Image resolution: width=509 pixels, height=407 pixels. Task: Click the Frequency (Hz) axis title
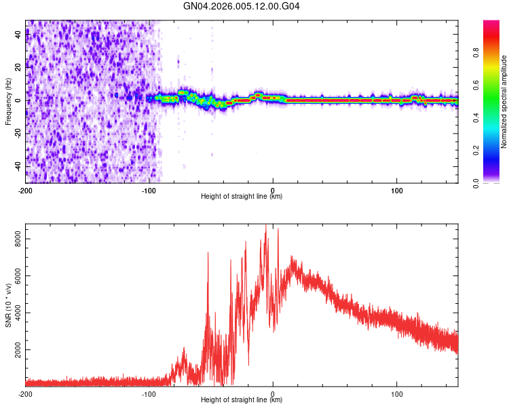pos(8,102)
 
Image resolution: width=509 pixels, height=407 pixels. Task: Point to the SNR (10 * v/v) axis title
pos(8,305)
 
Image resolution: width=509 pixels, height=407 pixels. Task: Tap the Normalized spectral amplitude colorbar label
pos(504,102)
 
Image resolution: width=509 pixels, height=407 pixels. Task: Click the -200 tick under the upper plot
pos(26,190)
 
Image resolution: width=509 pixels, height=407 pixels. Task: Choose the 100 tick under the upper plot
pos(396,190)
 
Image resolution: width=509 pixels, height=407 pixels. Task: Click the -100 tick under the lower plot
pos(149,393)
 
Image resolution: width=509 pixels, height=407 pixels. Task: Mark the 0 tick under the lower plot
pos(273,393)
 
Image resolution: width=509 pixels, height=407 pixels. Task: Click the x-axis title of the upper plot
pos(242,197)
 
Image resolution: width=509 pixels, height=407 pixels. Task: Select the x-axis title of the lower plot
pos(242,400)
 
